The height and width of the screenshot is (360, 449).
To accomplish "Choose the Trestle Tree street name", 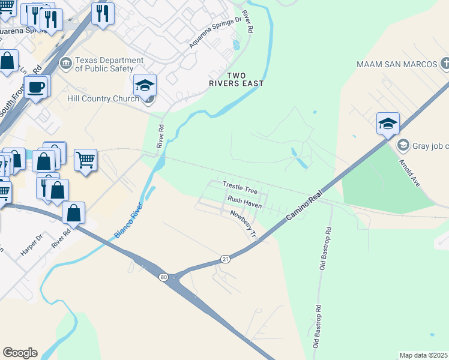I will click(240, 188).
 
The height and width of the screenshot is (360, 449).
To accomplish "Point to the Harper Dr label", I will click(32, 245).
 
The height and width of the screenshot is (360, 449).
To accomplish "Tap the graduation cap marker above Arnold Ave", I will click(388, 124).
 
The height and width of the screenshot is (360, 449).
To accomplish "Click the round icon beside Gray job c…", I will click(403, 145).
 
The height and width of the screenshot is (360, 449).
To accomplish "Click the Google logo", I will click(20, 353).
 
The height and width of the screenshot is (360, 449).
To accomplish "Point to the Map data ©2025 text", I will click(423, 355).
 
